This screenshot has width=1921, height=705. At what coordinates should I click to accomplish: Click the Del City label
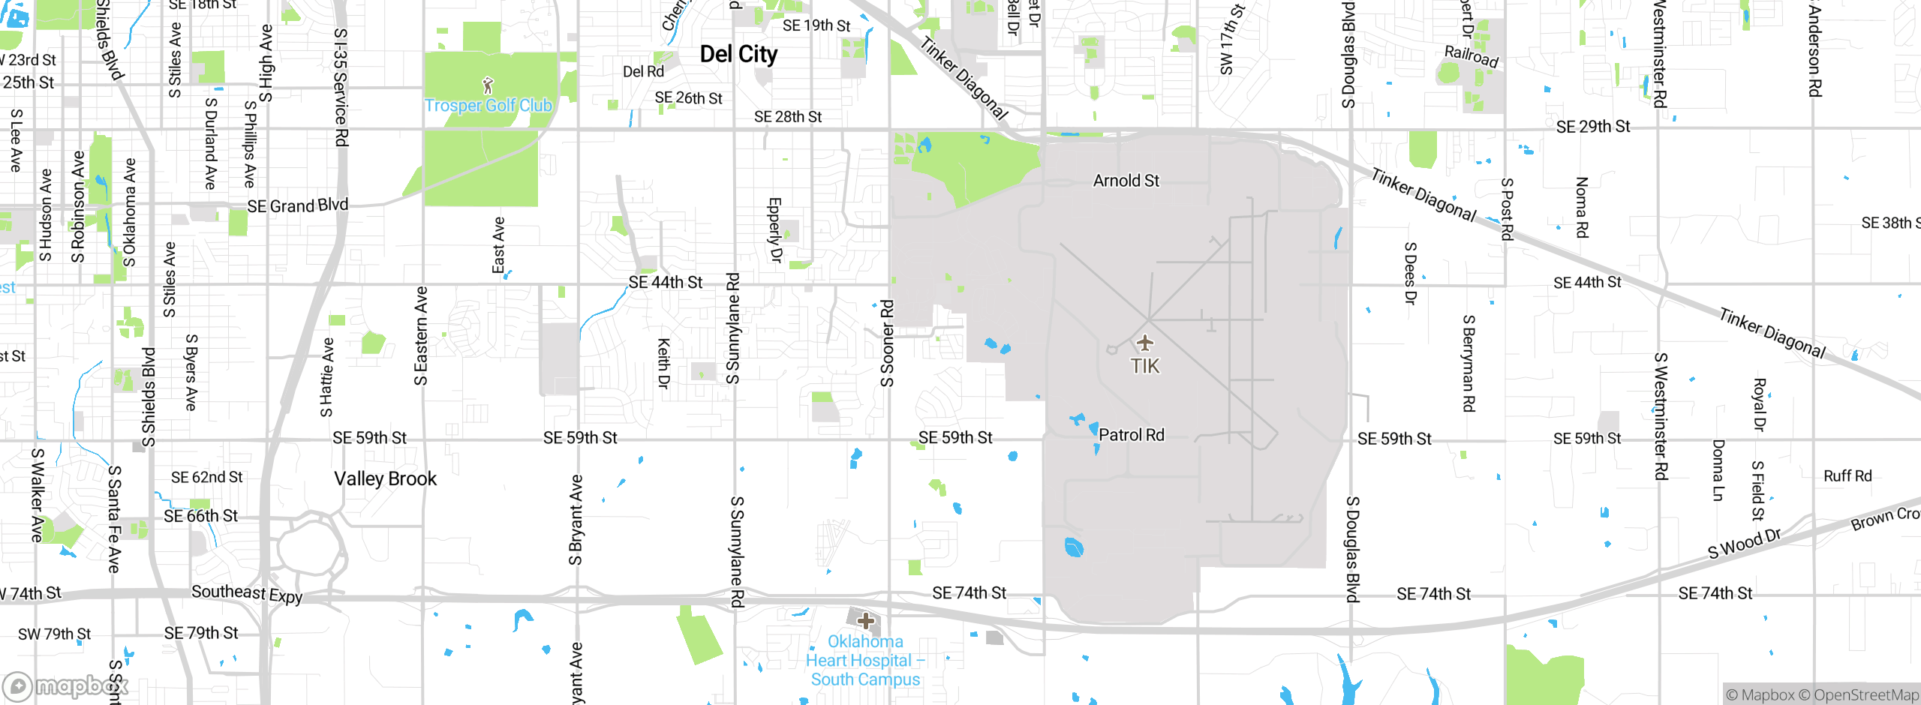738,54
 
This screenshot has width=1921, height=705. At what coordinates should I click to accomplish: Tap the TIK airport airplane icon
1144,343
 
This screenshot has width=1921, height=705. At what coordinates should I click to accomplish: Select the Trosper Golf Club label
489,106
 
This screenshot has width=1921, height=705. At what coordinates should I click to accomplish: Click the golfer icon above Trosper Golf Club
489,85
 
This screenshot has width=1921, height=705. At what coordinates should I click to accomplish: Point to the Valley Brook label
385,478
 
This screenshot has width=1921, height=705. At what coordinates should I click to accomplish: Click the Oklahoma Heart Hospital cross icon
866,621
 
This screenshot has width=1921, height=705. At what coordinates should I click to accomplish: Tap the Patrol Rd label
1132,435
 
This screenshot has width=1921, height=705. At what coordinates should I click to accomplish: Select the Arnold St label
1126,181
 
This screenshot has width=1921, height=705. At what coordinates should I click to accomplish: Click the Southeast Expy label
247,593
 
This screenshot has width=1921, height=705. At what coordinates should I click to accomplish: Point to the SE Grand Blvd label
298,205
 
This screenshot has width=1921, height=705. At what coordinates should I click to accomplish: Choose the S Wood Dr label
1744,544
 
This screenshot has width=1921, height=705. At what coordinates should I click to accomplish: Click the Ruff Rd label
1847,476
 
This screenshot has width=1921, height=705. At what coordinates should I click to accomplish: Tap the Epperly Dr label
774,229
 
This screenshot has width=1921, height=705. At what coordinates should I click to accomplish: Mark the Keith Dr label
663,363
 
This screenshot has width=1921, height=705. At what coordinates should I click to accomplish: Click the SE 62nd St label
206,478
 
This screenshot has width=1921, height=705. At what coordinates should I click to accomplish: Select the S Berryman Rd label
1469,363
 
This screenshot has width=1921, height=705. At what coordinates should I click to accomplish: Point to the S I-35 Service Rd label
341,87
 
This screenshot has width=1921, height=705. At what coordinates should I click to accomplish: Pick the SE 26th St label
688,98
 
